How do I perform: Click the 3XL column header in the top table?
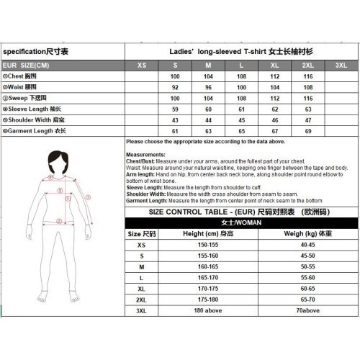(341, 66)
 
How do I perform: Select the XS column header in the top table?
(142, 66)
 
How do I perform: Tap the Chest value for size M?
(208, 76)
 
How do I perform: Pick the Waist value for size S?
(174, 86)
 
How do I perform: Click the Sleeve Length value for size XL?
(274, 108)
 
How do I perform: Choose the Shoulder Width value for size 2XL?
(308, 119)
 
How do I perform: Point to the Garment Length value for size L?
(241, 130)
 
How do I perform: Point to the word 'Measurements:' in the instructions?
(145, 155)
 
